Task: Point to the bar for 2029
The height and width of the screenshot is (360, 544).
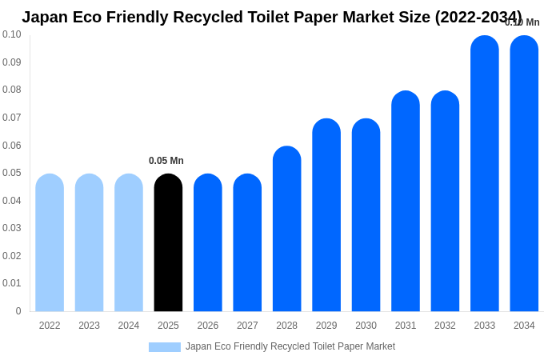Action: [x=326, y=215]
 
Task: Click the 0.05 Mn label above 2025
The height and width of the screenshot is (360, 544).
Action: [x=166, y=161]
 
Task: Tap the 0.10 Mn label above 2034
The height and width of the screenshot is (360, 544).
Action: [x=522, y=22]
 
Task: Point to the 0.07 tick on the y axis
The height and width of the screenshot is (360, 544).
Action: [x=12, y=118]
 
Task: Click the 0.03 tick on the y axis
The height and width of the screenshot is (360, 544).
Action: [x=12, y=228]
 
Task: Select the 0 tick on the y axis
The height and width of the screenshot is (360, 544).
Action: [x=18, y=311]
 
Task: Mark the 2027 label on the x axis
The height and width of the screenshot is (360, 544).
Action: [x=247, y=326]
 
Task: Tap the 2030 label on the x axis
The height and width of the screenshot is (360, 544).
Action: [x=366, y=326]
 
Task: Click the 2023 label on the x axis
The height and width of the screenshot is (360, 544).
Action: [x=89, y=326]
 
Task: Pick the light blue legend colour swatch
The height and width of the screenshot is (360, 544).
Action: [x=165, y=346]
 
